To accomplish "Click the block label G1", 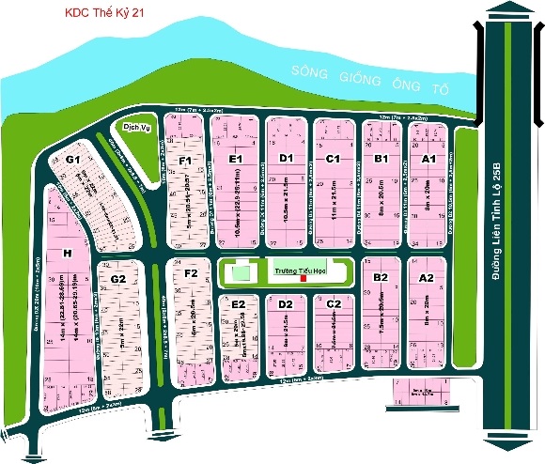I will (72, 160).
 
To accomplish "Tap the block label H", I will (67, 253).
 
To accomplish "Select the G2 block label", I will (118, 279).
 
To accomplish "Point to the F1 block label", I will (186, 162).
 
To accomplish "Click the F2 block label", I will (191, 273).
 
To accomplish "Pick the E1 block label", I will (236, 160).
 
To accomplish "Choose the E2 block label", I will (239, 304).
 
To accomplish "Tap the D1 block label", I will (287, 158).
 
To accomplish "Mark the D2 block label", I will (287, 304).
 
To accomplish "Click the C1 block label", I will (332, 159).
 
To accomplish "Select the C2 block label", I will (334, 303).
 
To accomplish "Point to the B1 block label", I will (381, 160).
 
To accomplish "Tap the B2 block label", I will (381, 277).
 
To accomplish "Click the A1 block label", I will (428, 160).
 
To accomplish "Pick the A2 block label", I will (426, 277).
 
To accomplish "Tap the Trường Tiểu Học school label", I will (291, 271).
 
